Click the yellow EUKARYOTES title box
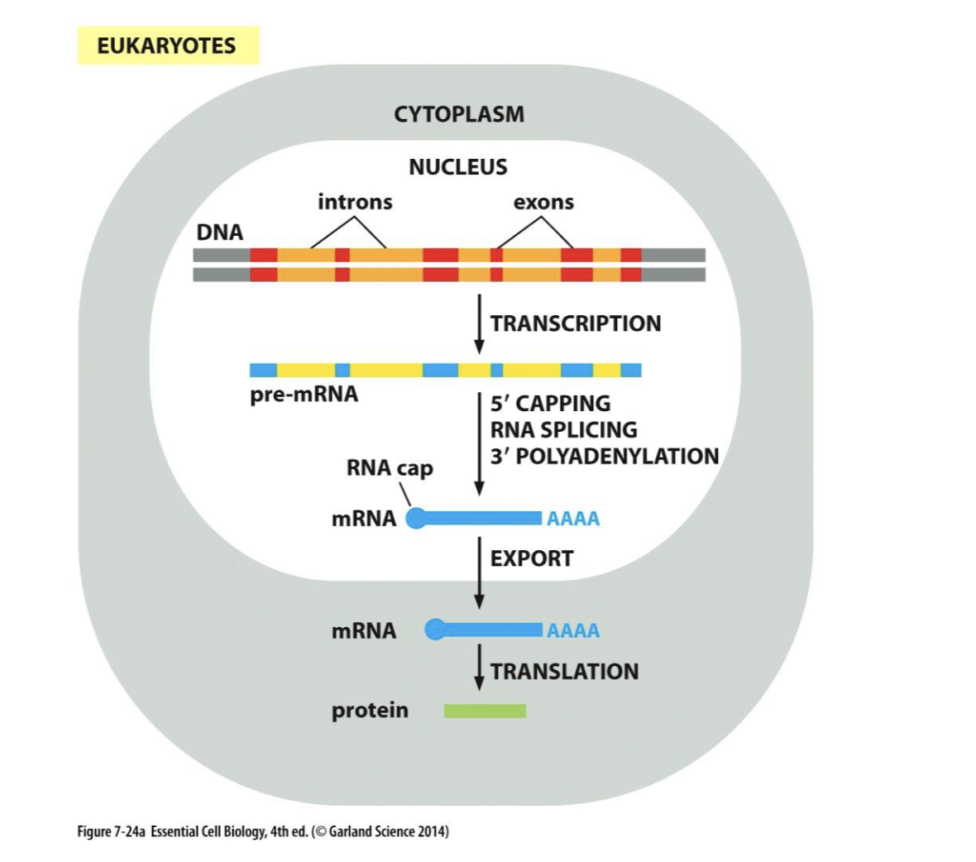coord(168,45)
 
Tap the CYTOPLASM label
coord(459,114)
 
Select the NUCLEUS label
coord(457,167)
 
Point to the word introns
coord(355,202)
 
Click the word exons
coord(543,202)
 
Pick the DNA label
coord(220,232)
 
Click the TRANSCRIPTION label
coord(576,323)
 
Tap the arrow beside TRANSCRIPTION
coord(479,323)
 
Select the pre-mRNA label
coord(304,394)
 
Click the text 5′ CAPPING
coord(550,404)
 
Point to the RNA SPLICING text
coord(563,430)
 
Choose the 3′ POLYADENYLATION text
coord(604,457)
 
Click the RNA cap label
coord(390,468)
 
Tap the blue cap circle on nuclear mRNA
coord(416,519)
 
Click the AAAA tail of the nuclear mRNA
coord(573,519)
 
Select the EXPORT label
coord(532,558)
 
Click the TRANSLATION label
coord(564,671)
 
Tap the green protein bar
coord(485,711)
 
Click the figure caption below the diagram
coord(263,831)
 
